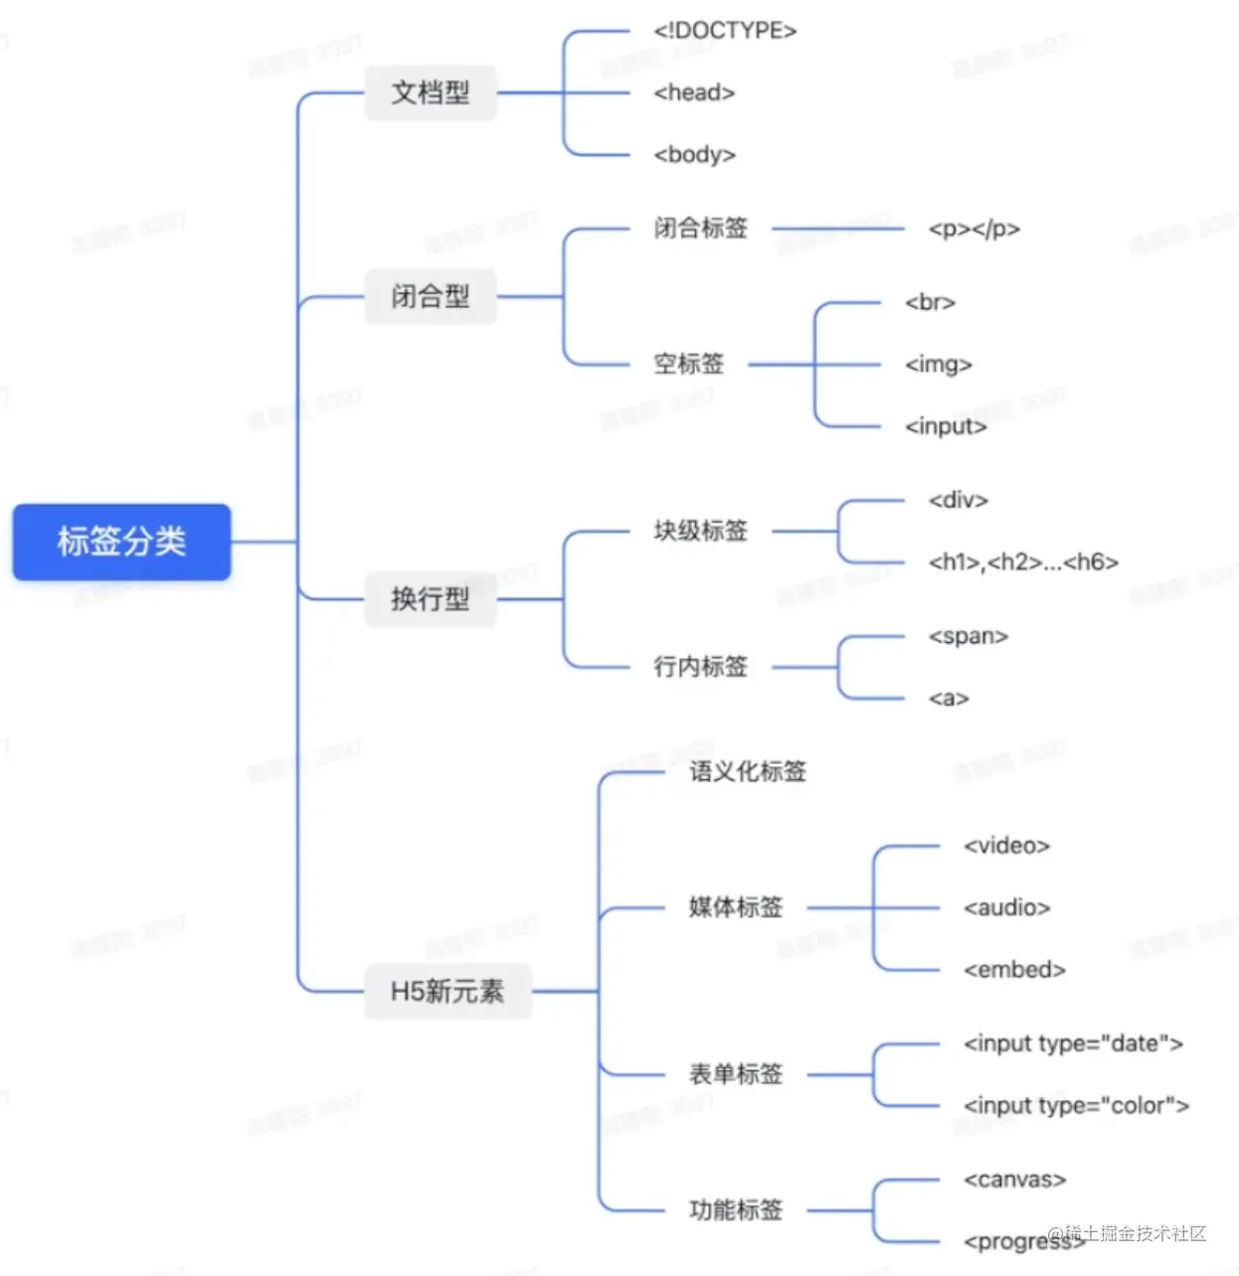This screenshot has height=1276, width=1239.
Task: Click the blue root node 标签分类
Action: click(x=121, y=542)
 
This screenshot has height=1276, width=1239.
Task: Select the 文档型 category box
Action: click(x=430, y=92)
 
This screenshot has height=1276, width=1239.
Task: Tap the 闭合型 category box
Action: click(x=430, y=296)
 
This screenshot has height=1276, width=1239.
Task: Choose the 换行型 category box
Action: click(x=430, y=598)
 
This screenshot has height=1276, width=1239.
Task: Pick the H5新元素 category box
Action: click(x=447, y=991)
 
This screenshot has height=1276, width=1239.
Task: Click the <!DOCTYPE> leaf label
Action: click(x=725, y=31)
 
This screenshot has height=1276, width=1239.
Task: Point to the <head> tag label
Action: click(x=694, y=92)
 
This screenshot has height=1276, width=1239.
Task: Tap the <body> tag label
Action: click(x=694, y=155)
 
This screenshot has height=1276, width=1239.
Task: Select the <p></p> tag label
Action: click(x=973, y=229)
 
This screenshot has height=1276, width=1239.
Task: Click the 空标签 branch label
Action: click(x=688, y=364)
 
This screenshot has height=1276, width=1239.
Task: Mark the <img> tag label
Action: click(x=938, y=365)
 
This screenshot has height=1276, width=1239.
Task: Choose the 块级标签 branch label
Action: click(x=700, y=531)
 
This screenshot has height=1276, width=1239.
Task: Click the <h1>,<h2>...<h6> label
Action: click(x=1023, y=562)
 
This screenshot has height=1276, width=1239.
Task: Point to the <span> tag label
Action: click(x=968, y=636)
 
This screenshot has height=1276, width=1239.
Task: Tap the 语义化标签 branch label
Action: click(x=748, y=771)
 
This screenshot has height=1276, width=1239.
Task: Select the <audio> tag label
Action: click(x=1006, y=907)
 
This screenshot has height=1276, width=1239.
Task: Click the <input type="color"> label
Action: click(x=1076, y=1105)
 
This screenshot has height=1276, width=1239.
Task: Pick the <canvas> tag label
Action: click(x=1014, y=1180)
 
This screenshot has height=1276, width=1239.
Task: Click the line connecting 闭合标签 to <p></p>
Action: click(x=837, y=229)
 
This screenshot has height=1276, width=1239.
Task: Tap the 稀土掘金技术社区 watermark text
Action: click(x=1134, y=1233)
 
